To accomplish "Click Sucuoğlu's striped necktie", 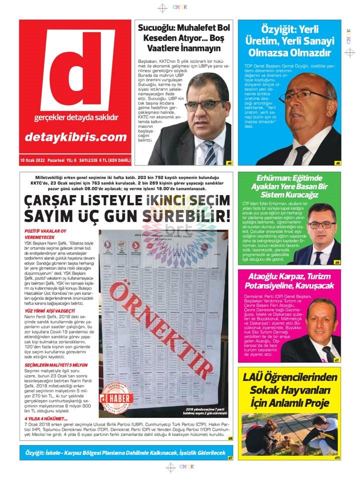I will pyautogui.click(x=209, y=150).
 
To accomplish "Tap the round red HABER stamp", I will pyautogui.click(x=116, y=397).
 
